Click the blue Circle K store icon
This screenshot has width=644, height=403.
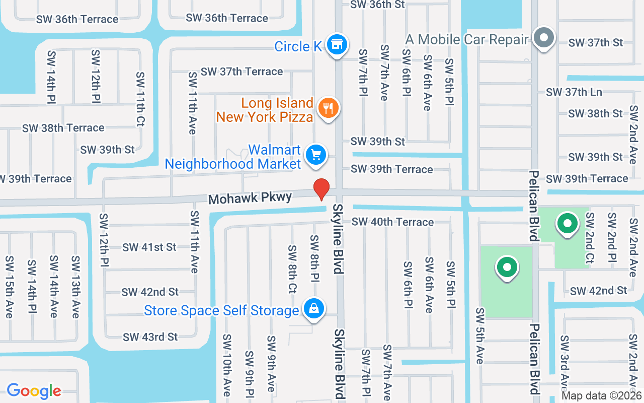(x=336, y=45)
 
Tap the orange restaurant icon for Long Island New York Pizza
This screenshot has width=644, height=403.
(x=328, y=108)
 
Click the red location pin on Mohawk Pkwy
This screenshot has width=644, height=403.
(x=321, y=189)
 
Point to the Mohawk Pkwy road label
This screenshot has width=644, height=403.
(x=250, y=198)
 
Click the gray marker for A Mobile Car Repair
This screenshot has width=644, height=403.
(x=543, y=38)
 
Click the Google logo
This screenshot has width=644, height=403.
(x=34, y=390)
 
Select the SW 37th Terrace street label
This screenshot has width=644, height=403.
(x=242, y=72)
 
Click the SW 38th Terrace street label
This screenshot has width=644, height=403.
(x=63, y=128)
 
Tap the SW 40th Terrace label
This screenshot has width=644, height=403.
(x=392, y=222)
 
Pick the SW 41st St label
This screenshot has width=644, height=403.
(x=149, y=247)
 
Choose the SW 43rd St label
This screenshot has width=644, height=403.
(x=150, y=337)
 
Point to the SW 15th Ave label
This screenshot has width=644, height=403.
(x=9, y=287)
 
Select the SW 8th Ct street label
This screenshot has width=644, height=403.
(x=292, y=269)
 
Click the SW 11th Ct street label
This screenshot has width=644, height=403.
(x=140, y=100)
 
